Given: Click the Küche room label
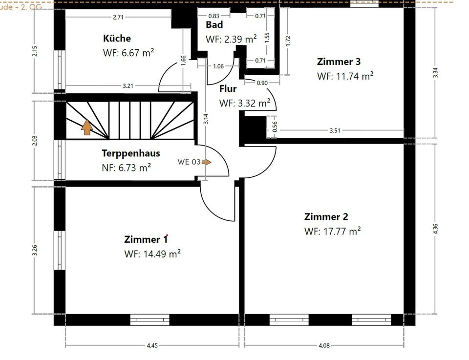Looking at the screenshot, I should pyautogui.click(x=117, y=38).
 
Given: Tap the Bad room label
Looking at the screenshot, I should pyautogui.click(x=214, y=25).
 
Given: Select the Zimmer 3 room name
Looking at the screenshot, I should pyautogui.click(x=339, y=62).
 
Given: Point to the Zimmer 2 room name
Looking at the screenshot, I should pyautogui.click(x=326, y=217).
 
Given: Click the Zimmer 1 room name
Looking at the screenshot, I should pyautogui.click(x=146, y=239).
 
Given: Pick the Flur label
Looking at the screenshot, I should pyautogui.click(x=228, y=89).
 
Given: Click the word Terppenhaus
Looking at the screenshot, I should pyautogui.click(x=130, y=153).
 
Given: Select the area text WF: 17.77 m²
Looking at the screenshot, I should pyautogui.click(x=332, y=231).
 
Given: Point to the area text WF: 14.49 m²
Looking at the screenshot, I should pyautogui.click(x=152, y=254).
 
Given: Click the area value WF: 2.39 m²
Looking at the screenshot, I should pyautogui.click(x=231, y=39).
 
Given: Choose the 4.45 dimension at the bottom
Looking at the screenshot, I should pyautogui.click(x=152, y=345).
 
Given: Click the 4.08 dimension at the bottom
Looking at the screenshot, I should pyautogui.click(x=324, y=345).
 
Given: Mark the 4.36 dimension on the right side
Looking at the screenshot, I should pyautogui.click(x=435, y=229).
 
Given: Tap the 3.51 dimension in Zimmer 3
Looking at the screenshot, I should pyautogui.click(x=335, y=130).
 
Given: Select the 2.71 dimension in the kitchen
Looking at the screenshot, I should pyautogui.click(x=118, y=17).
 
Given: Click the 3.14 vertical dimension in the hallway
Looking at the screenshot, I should pyautogui.click(x=206, y=119).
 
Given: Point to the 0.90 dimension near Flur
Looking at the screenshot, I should pyautogui.click(x=262, y=83).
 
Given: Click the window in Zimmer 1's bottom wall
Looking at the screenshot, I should pyautogui.click(x=149, y=320).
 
